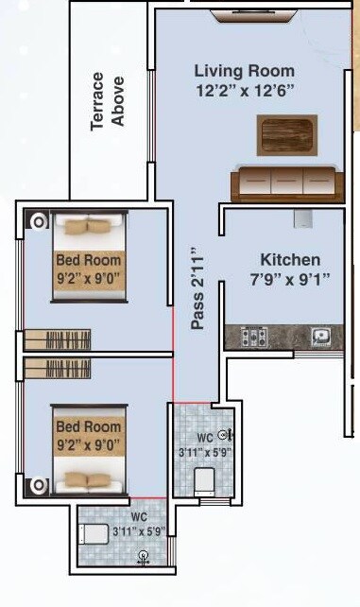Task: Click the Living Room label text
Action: coord(244,71)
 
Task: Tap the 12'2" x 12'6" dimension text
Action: coord(244,91)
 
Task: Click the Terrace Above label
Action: coord(108,96)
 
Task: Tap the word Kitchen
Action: coord(290,259)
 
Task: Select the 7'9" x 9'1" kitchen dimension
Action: coord(290,279)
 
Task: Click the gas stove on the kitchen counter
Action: coord(256,336)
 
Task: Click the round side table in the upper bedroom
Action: coord(39,223)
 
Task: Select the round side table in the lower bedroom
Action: coord(39,485)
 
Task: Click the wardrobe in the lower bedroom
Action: coord(57,367)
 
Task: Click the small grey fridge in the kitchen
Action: coord(303,218)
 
